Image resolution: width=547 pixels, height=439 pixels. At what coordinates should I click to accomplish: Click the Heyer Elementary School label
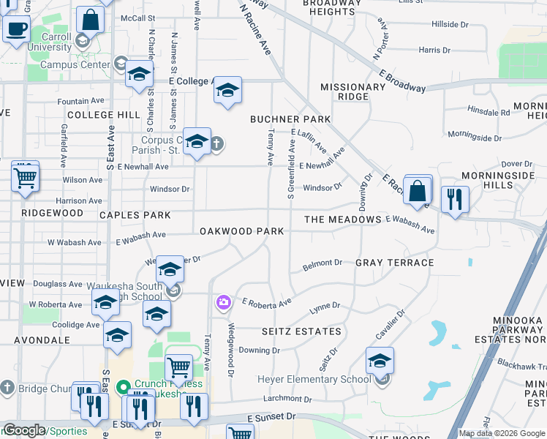click(314, 379)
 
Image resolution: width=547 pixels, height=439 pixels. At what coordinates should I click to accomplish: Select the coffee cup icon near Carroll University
click(16, 31)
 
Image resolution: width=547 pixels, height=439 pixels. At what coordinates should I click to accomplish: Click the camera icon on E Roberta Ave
click(223, 302)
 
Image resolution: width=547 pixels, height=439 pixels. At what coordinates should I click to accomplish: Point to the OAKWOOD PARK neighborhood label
click(241, 231)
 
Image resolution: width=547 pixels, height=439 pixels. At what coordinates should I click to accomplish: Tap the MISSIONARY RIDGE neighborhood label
click(353, 91)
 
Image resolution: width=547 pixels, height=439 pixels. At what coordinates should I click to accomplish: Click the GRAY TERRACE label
click(395, 262)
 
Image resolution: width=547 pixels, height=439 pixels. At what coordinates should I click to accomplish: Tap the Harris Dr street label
click(434, 50)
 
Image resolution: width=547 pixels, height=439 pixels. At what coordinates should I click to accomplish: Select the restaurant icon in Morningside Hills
click(455, 198)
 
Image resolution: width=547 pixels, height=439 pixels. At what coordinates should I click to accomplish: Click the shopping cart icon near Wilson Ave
click(25, 177)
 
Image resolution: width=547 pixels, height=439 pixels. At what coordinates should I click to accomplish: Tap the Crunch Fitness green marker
click(123, 385)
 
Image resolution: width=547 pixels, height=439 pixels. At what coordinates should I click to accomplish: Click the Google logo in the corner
click(24, 431)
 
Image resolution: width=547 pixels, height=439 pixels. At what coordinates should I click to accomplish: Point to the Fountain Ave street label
click(80, 101)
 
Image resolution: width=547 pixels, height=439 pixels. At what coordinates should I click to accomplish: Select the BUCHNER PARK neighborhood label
click(290, 119)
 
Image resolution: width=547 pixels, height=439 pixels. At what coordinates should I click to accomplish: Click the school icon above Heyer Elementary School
click(380, 361)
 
